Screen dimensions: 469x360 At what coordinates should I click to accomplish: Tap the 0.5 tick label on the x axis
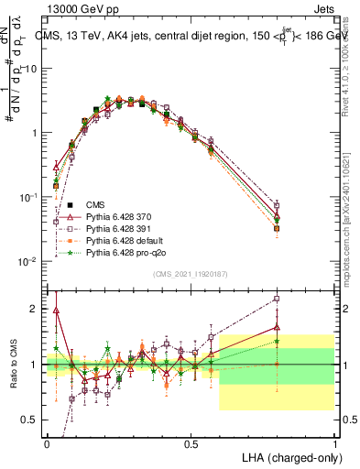click(191, 443)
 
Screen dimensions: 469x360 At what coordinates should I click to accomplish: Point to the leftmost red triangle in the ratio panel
click(56, 311)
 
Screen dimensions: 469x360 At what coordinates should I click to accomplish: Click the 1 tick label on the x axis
click(335, 443)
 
